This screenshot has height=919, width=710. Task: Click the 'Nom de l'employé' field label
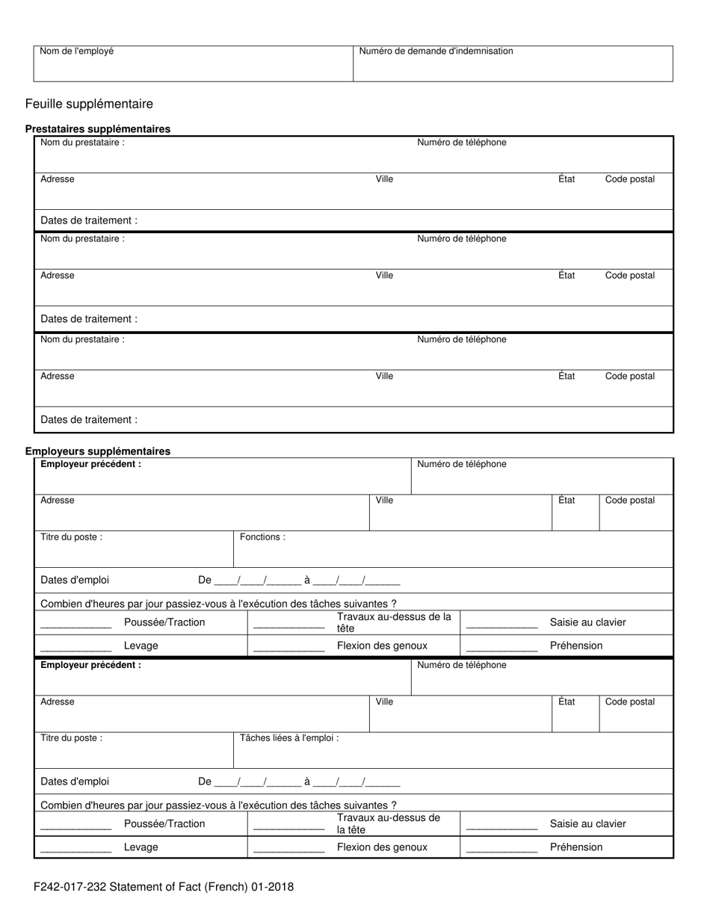coord(77,52)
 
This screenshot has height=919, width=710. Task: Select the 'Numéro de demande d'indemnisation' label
coord(436,52)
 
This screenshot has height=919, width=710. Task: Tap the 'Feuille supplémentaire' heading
coord(89,104)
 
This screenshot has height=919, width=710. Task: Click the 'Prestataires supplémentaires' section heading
coord(98,129)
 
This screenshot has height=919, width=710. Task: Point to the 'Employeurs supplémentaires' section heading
coord(98,451)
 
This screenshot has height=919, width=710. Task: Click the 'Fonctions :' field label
coord(262,537)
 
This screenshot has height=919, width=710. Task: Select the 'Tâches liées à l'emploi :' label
coord(289,738)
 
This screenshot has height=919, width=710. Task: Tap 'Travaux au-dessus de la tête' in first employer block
coord(394,622)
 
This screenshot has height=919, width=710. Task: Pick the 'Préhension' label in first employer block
coord(575,646)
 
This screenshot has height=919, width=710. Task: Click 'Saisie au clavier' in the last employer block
coord(587,824)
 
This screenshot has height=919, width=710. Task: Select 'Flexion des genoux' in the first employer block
coord(382,646)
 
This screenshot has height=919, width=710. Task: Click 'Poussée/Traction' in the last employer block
coord(164,824)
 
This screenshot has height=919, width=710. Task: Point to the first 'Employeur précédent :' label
coord(90,464)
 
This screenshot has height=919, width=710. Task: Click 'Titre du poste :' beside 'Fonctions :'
coord(72,537)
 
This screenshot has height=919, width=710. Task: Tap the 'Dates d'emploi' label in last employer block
coord(75,782)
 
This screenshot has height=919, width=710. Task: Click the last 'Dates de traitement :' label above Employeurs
coord(89,420)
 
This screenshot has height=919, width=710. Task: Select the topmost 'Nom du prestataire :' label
coord(82,143)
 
